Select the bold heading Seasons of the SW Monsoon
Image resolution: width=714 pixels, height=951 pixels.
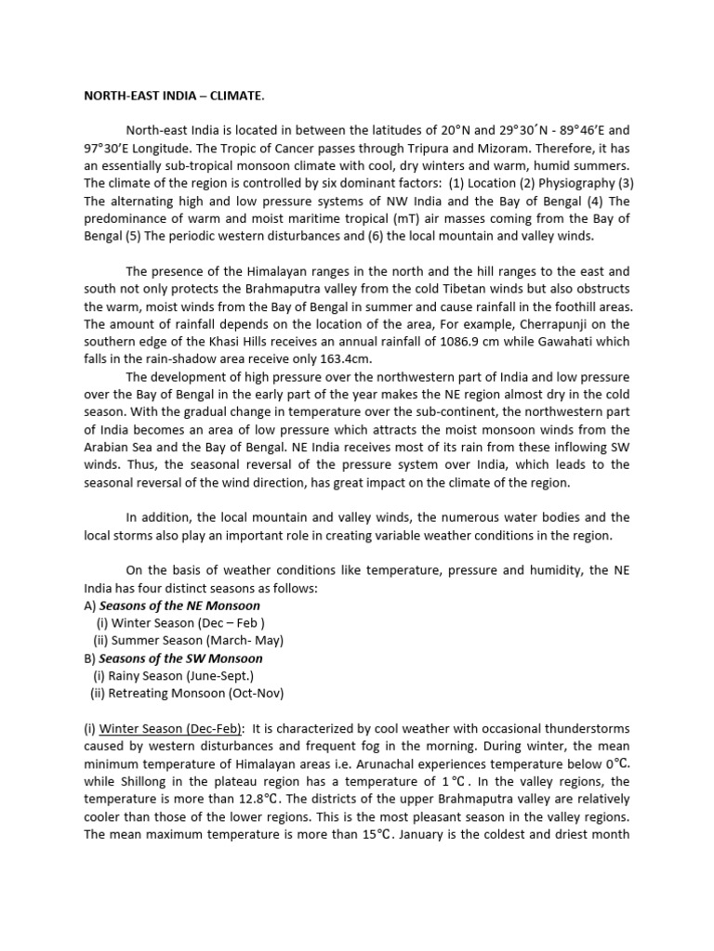[x=180, y=658]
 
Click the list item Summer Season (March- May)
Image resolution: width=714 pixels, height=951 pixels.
[x=188, y=641]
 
